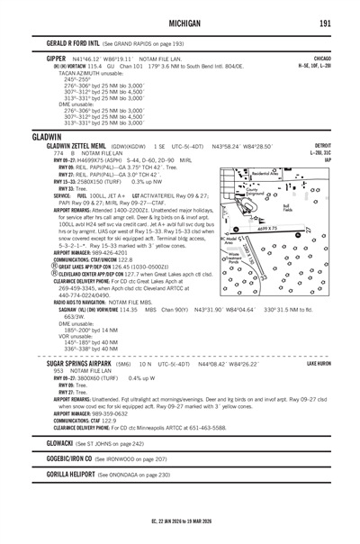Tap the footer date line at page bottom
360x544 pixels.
point(179,520)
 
